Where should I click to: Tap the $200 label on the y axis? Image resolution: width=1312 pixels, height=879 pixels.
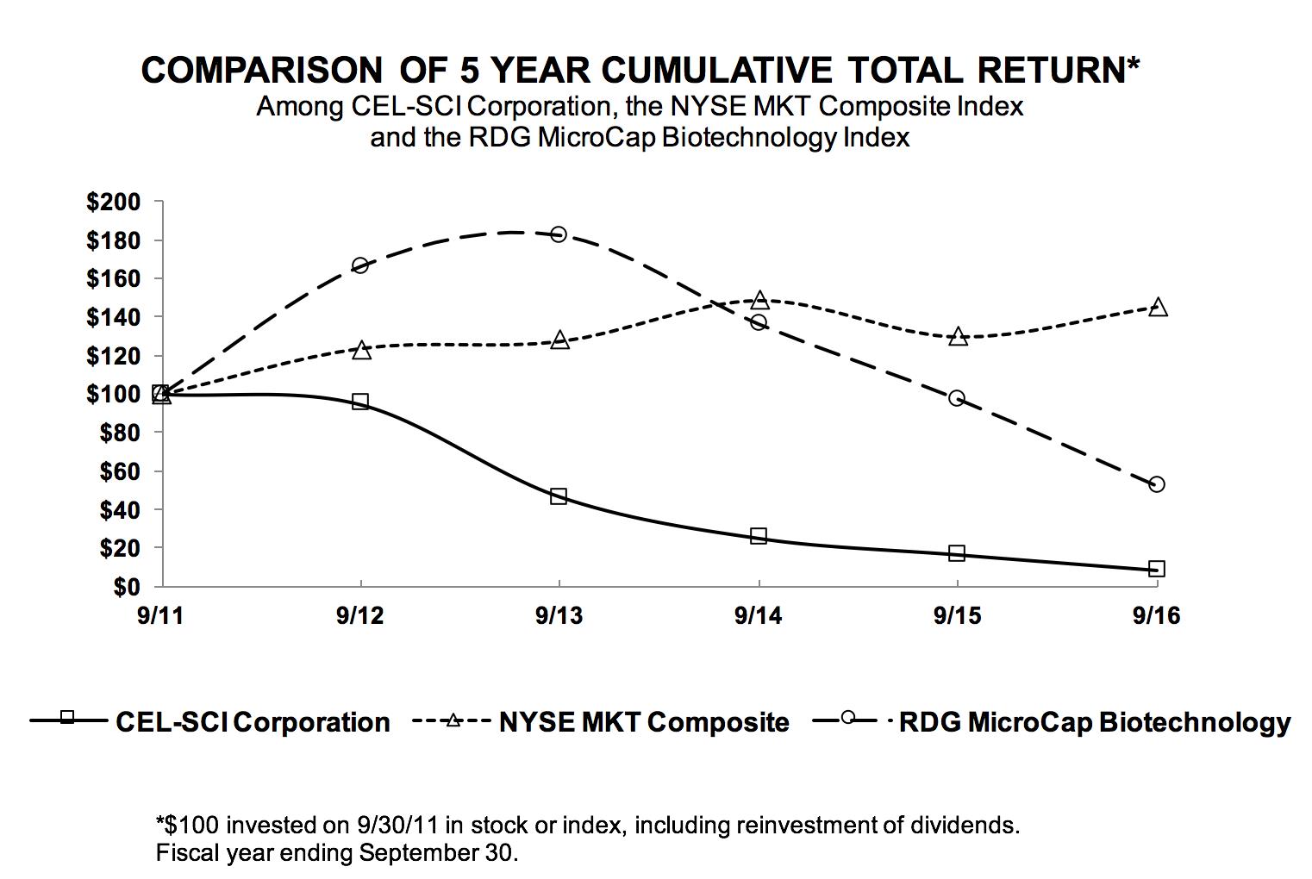(114, 202)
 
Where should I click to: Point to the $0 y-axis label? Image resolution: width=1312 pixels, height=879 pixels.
(127, 586)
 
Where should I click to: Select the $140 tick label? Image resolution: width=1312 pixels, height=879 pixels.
(114, 317)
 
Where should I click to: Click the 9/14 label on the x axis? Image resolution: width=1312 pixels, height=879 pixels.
(759, 615)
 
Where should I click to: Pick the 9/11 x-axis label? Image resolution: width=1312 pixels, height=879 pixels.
(159, 615)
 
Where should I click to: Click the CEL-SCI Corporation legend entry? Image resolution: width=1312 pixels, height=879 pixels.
(210, 721)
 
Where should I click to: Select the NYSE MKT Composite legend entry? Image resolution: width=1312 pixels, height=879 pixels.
(601, 721)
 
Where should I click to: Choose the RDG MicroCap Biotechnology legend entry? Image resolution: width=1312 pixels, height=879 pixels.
(1052, 722)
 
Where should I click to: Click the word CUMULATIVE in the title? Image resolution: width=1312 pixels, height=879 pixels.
(716, 71)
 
